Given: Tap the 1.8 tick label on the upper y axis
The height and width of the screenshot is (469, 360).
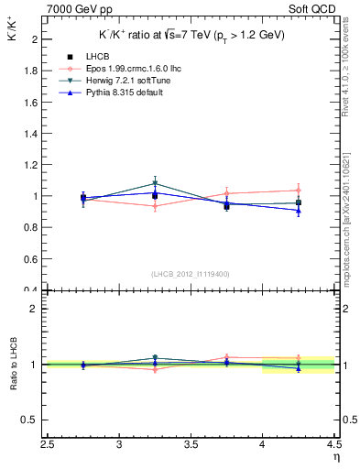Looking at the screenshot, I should (29, 71).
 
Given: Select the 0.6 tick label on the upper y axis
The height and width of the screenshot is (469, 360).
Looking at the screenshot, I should (29, 259).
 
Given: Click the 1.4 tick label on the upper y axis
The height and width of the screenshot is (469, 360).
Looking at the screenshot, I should (29, 134).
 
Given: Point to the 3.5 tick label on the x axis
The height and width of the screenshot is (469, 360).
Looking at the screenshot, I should (191, 445).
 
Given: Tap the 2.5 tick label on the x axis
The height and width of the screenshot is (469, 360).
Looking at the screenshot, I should (48, 445).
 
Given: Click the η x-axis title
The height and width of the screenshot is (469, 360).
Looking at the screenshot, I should (336, 457).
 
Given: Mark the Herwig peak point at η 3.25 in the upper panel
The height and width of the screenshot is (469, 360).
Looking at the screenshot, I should (155, 183).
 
